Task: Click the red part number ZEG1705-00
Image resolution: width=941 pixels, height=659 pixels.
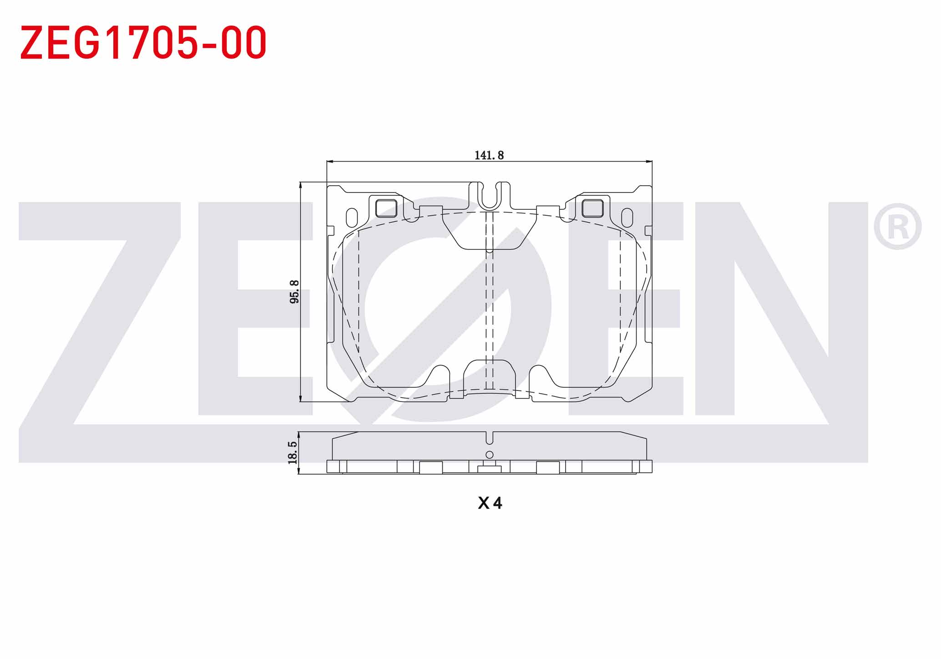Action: pos(143,42)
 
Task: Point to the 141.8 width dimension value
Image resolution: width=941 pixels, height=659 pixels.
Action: pos(489,155)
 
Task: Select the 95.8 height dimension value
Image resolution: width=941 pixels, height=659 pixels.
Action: pos(294,292)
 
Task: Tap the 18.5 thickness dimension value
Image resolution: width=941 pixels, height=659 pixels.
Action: pos(293,452)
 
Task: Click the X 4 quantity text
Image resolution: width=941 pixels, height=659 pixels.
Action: pos(490,503)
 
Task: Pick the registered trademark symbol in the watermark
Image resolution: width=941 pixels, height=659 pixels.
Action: pos(897,227)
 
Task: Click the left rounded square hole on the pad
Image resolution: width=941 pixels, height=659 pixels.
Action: pos(386,208)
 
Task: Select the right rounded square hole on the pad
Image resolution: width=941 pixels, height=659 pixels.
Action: pos(593,208)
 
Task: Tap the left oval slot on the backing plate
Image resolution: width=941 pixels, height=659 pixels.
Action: pos(352,218)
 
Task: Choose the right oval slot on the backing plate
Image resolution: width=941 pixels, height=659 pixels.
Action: pos(627,218)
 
